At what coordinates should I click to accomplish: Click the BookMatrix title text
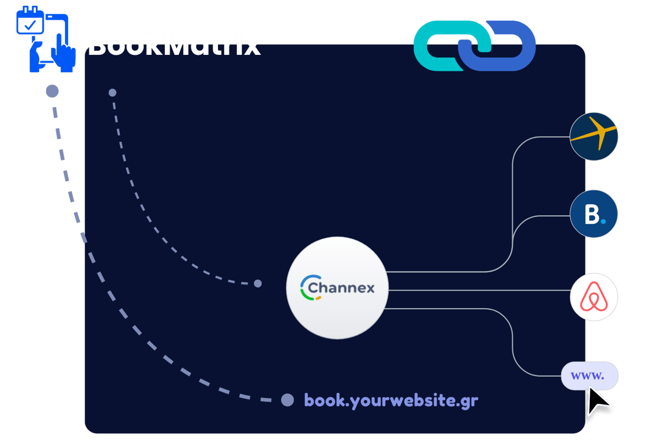pos(174,45)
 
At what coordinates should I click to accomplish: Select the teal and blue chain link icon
pos(475,46)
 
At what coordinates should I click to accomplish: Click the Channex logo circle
pos(337,288)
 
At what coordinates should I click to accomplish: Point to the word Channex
pos(341,287)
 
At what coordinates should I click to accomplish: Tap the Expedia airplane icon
pos(594,137)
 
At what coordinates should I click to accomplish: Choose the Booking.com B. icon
pos(594,214)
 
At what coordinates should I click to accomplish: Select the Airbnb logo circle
pos(594,298)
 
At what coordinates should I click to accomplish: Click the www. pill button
pos(589,376)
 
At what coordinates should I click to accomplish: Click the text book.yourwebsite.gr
pos(391,400)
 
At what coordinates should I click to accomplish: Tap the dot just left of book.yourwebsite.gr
pos(287,400)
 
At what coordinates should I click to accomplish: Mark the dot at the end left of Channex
pos(258,283)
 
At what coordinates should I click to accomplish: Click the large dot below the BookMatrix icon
pos(52,91)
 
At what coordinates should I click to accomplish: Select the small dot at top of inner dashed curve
pos(112,92)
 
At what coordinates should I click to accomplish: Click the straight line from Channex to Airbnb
pos(479,290)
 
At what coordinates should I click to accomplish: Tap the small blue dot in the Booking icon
pos(603,220)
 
